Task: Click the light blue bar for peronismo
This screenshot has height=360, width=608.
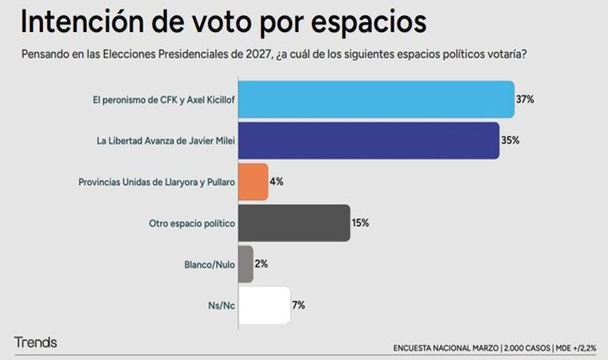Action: (x=376, y=100)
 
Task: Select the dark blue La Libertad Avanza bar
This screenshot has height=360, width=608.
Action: (x=369, y=140)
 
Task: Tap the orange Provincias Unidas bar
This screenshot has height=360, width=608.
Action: (x=254, y=182)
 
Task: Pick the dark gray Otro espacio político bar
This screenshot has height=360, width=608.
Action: (x=294, y=222)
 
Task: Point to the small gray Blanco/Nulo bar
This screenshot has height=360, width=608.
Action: (x=246, y=264)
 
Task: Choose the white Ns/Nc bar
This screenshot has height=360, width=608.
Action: (x=264, y=305)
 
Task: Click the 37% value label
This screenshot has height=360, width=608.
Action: (x=525, y=100)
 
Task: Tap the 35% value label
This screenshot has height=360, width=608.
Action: (x=510, y=140)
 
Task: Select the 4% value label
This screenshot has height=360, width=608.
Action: (x=277, y=182)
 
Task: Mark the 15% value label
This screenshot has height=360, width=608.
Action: (x=360, y=222)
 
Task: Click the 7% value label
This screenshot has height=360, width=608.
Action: (x=298, y=305)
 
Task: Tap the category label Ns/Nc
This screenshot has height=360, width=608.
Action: (x=221, y=305)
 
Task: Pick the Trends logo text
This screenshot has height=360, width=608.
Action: (x=35, y=342)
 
